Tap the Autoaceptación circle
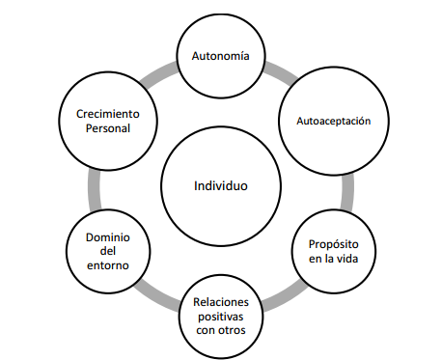coord(333,122)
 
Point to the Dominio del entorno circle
coord(108,251)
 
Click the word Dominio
coord(108,236)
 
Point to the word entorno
coord(108,265)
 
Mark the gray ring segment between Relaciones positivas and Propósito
coord(282,292)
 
